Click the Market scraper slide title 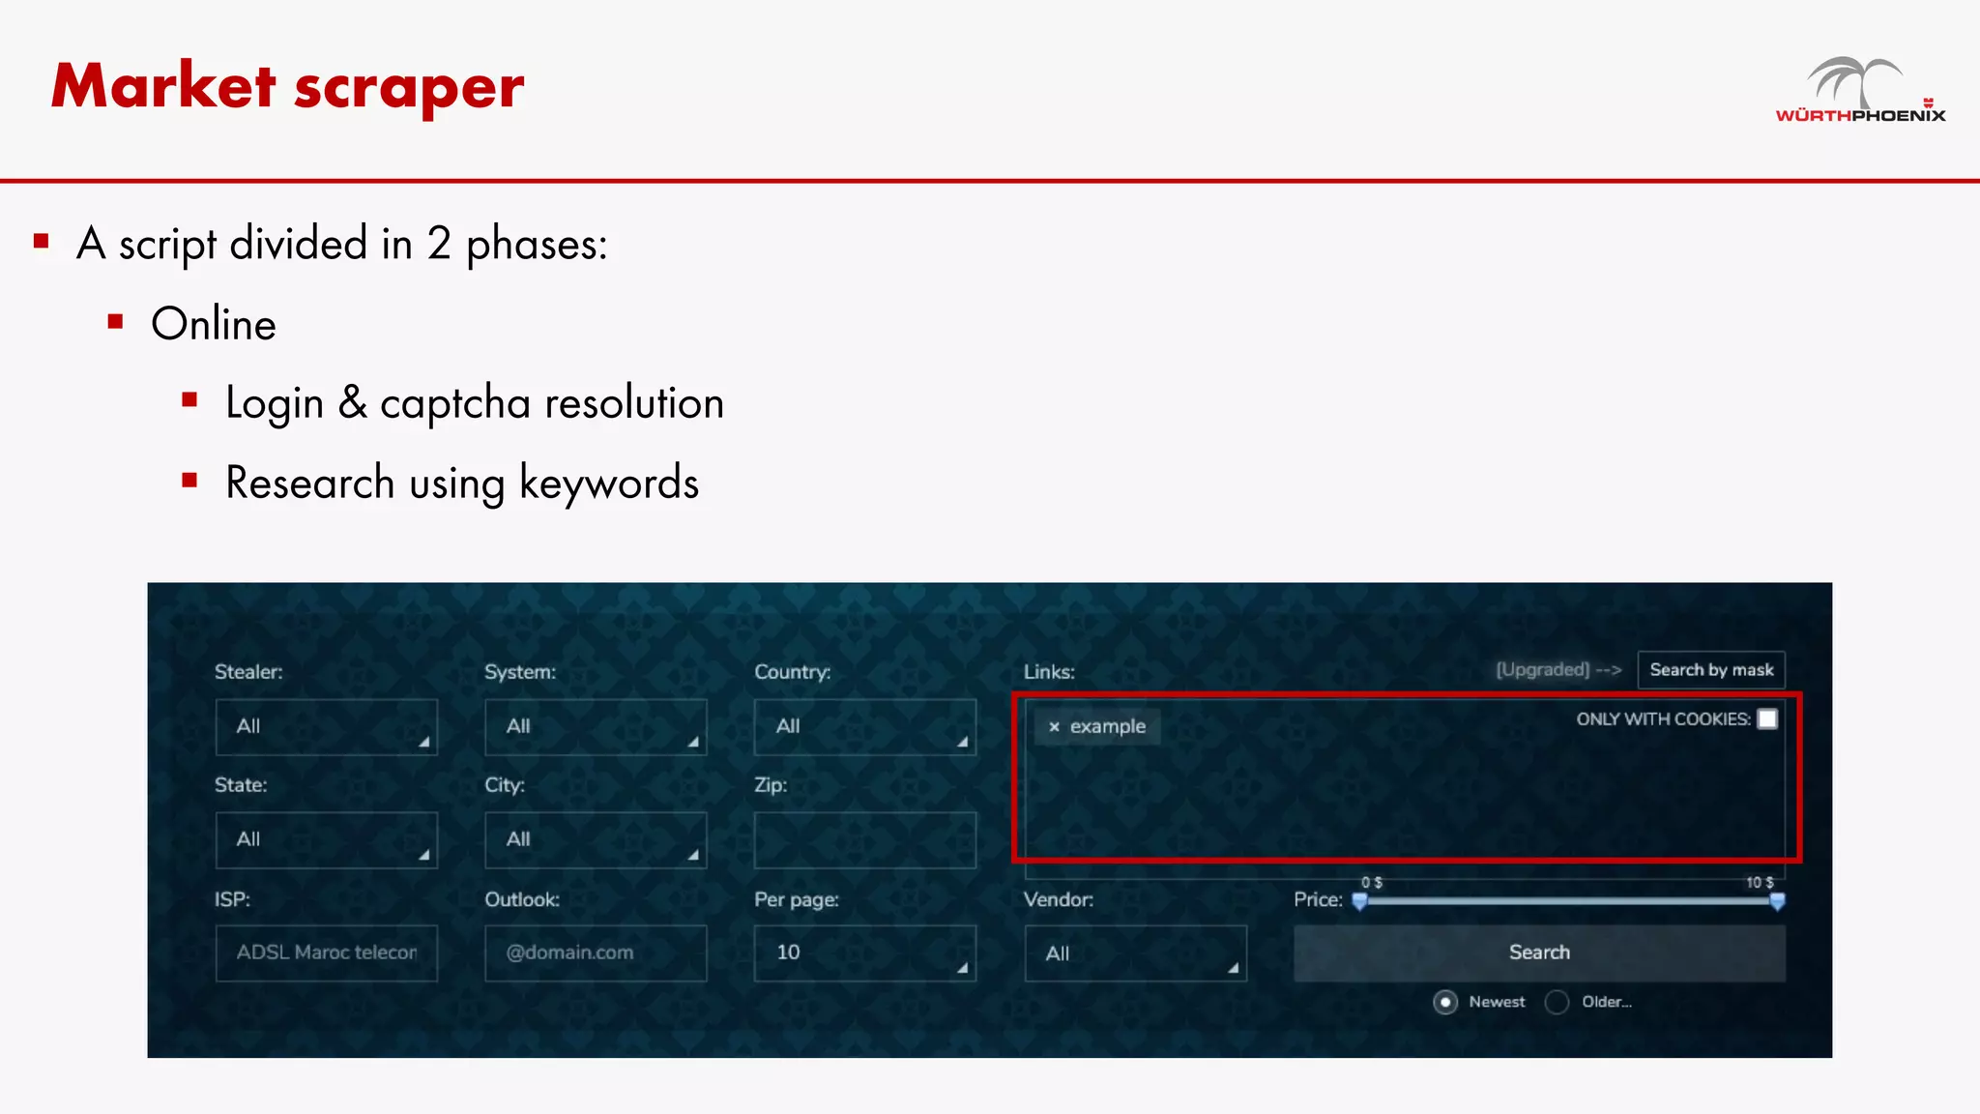(287, 87)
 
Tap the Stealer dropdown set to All (326, 726)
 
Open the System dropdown (596, 726)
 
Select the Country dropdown (864, 726)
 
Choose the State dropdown (326, 839)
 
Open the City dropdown (596, 839)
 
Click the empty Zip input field (864, 839)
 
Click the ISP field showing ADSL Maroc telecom (326, 953)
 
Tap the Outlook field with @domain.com (596, 953)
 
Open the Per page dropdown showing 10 (864, 953)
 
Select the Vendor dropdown (1135, 953)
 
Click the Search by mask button (1710, 670)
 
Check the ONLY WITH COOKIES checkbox (1767, 718)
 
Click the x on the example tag (1054, 727)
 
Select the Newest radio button (1445, 1002)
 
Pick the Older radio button (1557, 1002)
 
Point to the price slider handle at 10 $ (1777, 901)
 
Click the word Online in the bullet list (214, 324)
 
